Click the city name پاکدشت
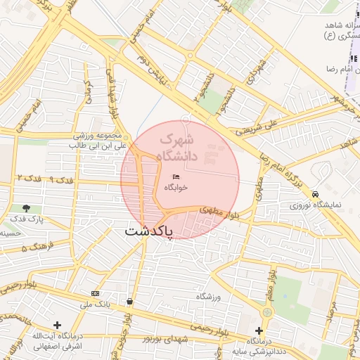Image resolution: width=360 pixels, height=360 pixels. [x=148, y=231]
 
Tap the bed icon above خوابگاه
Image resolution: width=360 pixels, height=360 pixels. [x=176, y=176]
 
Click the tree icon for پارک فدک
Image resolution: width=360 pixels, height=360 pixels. [x=26, y=208]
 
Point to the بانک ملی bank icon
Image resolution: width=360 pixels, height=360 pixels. [x=95, y=292]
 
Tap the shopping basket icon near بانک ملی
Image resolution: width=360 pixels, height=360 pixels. [x=129, y=302]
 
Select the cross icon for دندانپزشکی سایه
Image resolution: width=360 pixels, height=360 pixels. [x=259, y=330]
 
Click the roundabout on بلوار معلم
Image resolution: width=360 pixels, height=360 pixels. [x=267, y=312]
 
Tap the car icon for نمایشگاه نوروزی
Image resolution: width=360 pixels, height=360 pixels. [x=315, y=194]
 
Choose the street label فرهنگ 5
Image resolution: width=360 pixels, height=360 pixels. [x=34, y=247]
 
